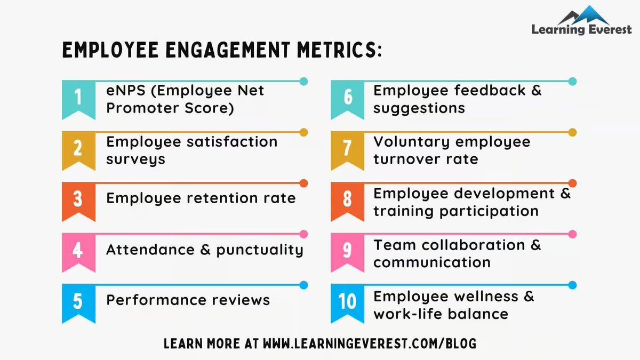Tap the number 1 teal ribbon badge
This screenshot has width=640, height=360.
[78, 98]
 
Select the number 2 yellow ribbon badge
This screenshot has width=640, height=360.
[78, 148]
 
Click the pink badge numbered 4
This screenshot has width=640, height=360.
[78, 250]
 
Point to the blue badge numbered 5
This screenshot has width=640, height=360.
[78, 301]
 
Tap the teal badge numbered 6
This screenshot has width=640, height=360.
[347, 98]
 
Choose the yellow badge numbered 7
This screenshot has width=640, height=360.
[347, 148]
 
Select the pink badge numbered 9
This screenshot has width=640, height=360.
[347, 250]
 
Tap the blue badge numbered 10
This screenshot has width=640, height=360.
[347, 301]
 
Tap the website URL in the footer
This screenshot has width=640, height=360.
[369, 343]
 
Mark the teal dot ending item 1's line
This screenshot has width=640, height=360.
[303, 82]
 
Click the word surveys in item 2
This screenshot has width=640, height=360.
[135, 159]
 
